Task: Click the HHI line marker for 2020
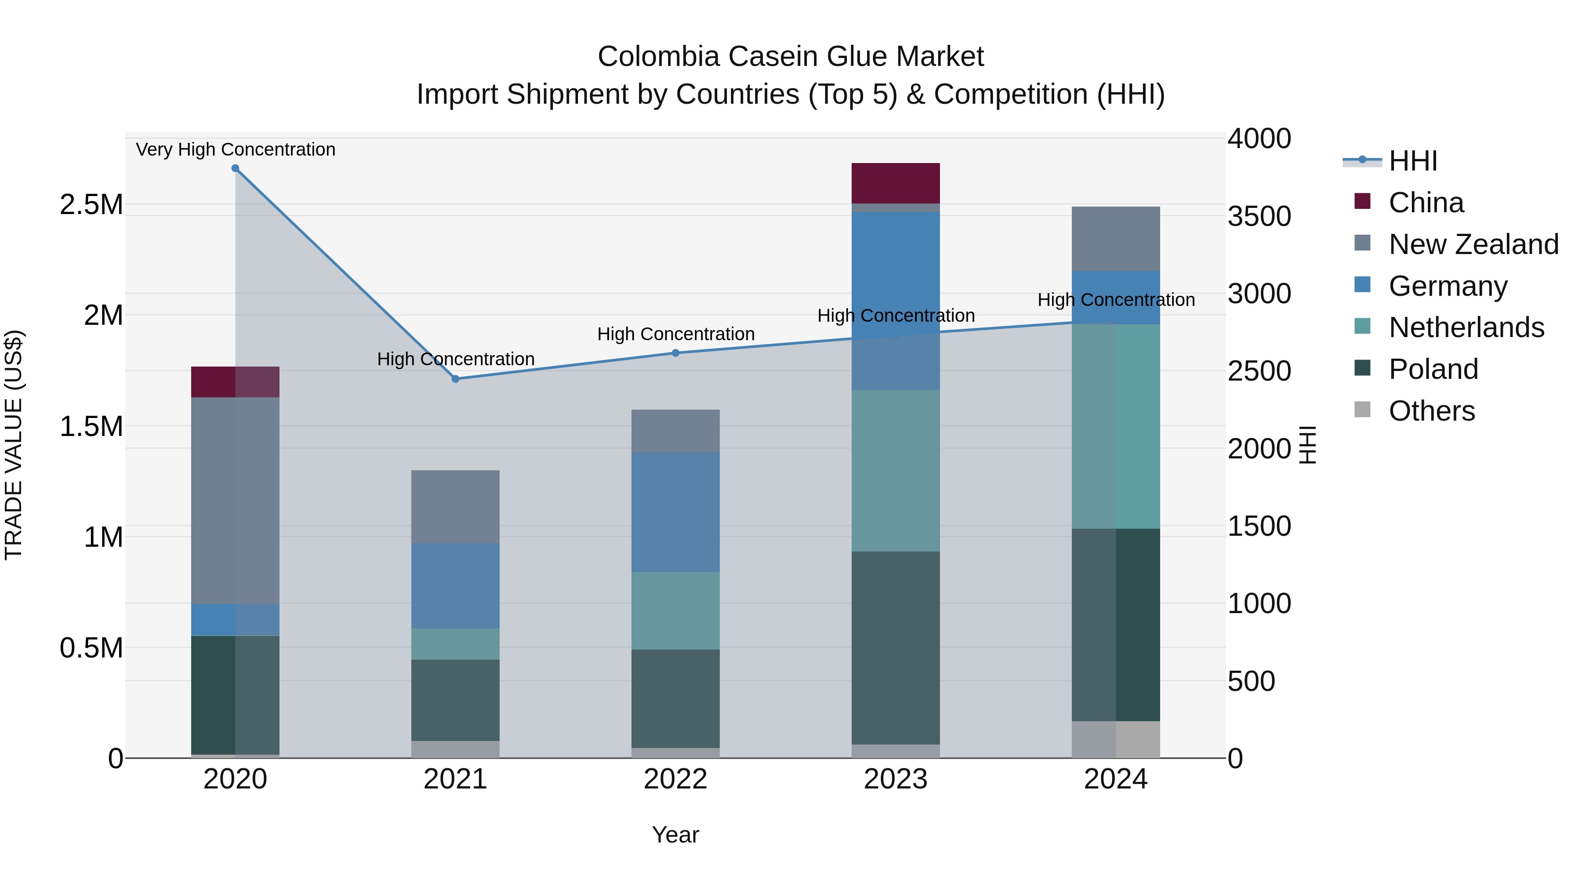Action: point(235,168)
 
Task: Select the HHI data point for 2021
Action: point(455,379)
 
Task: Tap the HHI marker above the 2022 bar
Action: point(675,353)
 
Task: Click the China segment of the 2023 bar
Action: point(896,183)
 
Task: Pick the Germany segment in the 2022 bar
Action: point(675,512)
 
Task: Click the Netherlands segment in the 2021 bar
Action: point(455,644)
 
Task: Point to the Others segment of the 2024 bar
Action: point(1115,740)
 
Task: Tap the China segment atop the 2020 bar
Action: point(235,382)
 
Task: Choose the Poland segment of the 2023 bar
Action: point(896,648)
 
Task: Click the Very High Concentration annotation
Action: point(235,149)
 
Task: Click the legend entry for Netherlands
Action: point(1466,327)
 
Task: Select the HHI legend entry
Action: point(1412,161)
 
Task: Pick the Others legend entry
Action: point(1431,411)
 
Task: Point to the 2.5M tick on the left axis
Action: point(91,204)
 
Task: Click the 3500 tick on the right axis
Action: point(1259,216)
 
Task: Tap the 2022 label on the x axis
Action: point(675,779)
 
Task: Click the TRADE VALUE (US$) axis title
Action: point(14,445)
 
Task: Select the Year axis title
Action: point(675,835)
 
